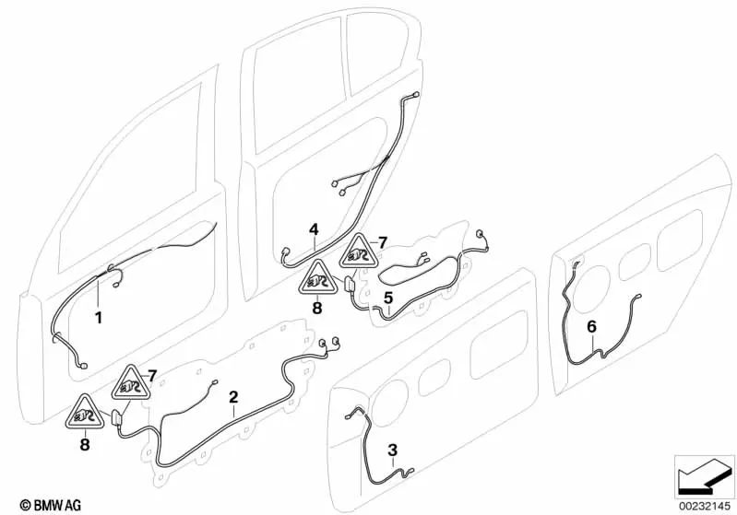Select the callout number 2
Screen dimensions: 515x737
(233, 397)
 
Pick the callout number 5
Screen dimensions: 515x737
(388, 298)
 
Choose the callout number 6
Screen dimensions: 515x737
(591, 325)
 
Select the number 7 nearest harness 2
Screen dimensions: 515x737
(153, 373)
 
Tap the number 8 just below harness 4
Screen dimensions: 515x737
(316, 309)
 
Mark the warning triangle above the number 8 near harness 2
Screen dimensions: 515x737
(84, 414)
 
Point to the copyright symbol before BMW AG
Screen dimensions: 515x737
(12, 504)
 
